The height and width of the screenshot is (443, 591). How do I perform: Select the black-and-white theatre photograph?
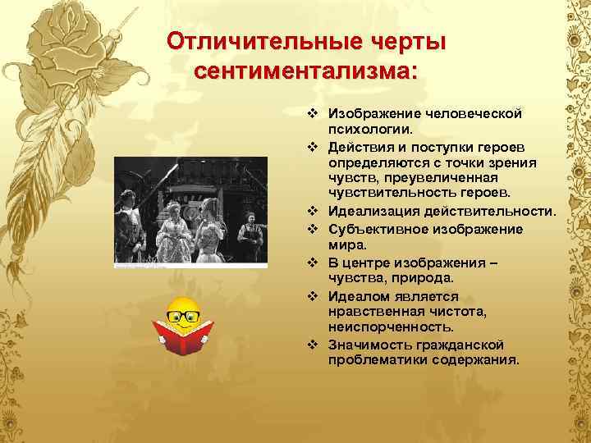coord(190,212)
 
